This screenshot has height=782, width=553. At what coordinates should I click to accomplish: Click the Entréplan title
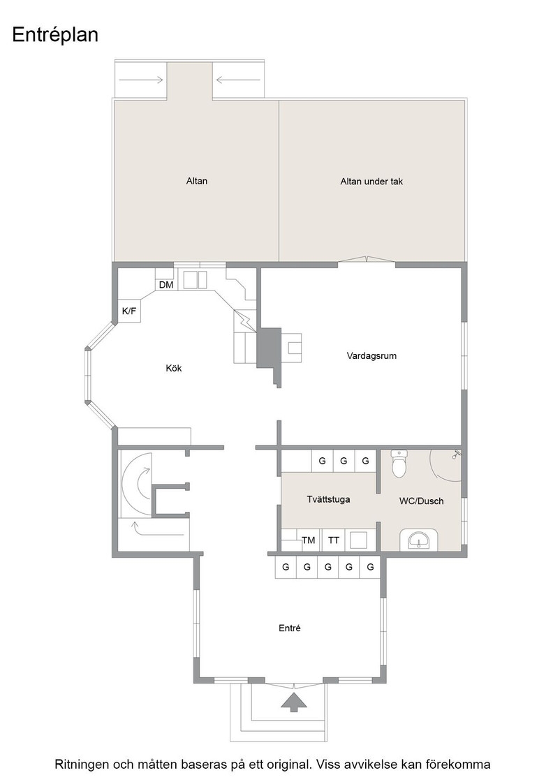point(55,36)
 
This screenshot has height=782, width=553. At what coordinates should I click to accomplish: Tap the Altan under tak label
point(371,182)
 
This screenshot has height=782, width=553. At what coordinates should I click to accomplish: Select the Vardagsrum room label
point(371,355)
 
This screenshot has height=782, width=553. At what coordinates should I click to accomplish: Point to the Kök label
point(174,368)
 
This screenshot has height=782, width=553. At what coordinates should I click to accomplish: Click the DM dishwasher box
point(166,285)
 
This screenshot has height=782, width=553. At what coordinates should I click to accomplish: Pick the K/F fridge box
point(129,311)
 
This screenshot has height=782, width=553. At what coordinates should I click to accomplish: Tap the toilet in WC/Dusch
point(400,464)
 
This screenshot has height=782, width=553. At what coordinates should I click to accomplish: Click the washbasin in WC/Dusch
point(418,540)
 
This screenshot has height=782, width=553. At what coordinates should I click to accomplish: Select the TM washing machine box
point(309,540)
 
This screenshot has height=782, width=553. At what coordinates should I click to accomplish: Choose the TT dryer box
point(334,540)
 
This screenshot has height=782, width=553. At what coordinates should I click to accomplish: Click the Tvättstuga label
point(328,499)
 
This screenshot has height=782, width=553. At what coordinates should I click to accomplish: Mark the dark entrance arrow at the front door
point(294,702)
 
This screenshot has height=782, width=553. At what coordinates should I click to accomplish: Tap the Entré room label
point(290,628)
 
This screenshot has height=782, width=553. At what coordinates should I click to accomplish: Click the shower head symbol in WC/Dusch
point(457,454)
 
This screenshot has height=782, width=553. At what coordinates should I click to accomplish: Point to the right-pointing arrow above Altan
point(142,80)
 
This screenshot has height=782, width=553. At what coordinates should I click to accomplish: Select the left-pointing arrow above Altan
point(238,80)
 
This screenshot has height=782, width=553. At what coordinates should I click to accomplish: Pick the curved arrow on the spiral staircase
point(142,482)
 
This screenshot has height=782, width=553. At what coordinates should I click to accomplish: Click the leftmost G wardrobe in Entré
point(286,567)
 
